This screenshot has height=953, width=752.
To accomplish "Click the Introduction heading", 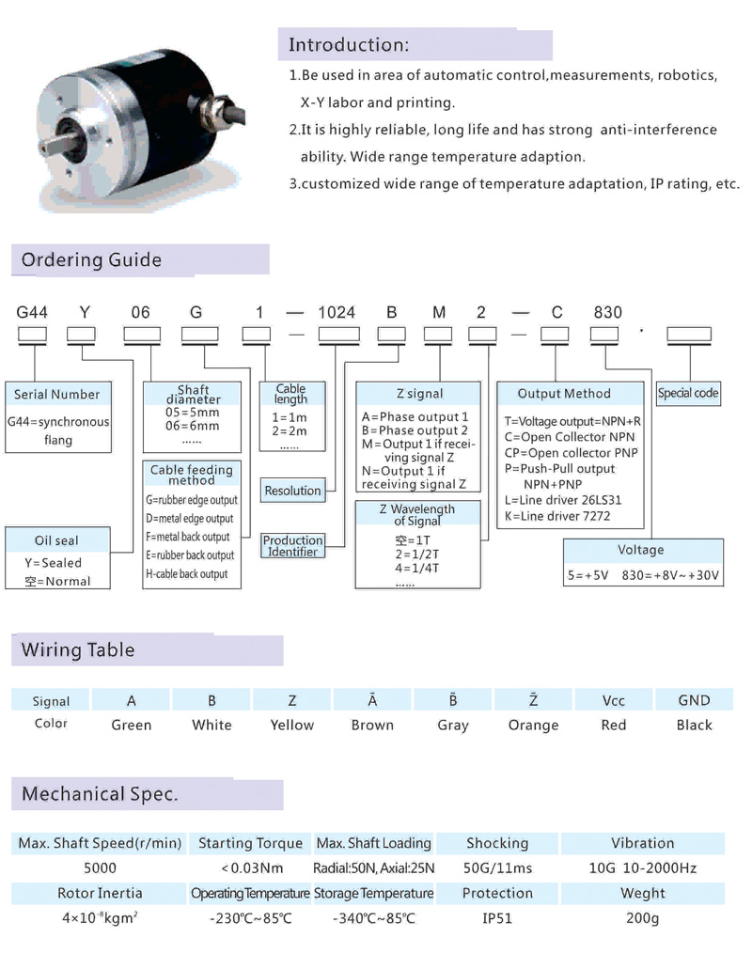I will [349, 45].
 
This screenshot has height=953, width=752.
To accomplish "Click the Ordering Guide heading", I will [91, 260].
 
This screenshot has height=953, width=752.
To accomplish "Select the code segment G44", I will [33, 313].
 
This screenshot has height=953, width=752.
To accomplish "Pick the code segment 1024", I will [337, 313].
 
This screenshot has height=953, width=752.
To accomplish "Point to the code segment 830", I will [606, 313].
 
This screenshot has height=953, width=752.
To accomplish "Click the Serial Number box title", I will [56, 395].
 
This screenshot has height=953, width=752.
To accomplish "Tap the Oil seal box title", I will [56, 540].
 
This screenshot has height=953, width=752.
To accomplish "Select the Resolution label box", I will [292, 491].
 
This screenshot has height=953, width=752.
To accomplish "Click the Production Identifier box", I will [292, 546].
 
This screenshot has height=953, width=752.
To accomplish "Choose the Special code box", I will [688, 393].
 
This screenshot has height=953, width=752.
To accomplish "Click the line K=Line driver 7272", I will [557, 516].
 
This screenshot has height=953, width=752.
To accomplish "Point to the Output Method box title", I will [564, 394].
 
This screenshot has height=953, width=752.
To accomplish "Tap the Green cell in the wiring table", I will [132, 725].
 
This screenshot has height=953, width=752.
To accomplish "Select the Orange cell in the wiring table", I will [533, 725].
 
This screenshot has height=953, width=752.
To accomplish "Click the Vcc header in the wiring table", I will [614, 700].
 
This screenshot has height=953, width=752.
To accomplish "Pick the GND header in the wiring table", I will [695, 700].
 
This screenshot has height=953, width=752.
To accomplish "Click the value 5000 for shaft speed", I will [100, 868].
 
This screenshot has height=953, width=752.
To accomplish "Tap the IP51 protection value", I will [497, 918].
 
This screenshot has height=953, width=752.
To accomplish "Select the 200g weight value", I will [643, 918].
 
